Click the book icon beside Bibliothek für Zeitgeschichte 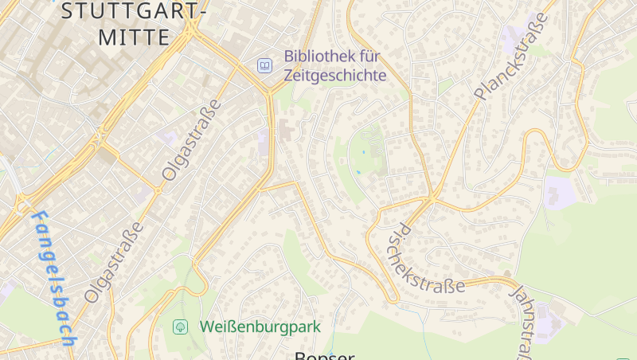click(x=264, y=65)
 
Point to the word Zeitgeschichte click(x=334, y=76)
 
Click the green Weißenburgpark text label click(x=260, y=327)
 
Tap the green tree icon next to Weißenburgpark click(x=181, y=327)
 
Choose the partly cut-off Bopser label click(x=324, y=355)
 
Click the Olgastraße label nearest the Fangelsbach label click(x=116, y=261)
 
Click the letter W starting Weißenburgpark click(x=207, y=327)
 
